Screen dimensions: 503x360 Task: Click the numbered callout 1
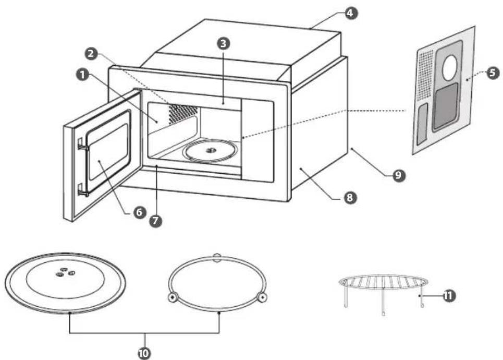point(82,75)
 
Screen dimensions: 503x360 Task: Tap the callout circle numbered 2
point(91,53)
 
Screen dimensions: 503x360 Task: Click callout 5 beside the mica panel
point(493,73)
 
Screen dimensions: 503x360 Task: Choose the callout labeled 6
point(139,212)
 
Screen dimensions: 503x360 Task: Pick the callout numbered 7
point(155,221)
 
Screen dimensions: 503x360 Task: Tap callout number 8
point(350,197)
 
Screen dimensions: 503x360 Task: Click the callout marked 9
point(398,175)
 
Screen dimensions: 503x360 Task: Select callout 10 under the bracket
point(144,353)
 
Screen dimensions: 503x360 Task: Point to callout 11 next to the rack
point(449,295)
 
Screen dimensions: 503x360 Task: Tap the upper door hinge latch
point(82,144)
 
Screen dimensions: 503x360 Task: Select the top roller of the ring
point(217,257)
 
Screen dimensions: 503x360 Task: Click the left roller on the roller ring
point(173,298)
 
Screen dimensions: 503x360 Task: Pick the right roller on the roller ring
point(262,298)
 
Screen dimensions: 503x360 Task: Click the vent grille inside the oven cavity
point(182,113)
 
